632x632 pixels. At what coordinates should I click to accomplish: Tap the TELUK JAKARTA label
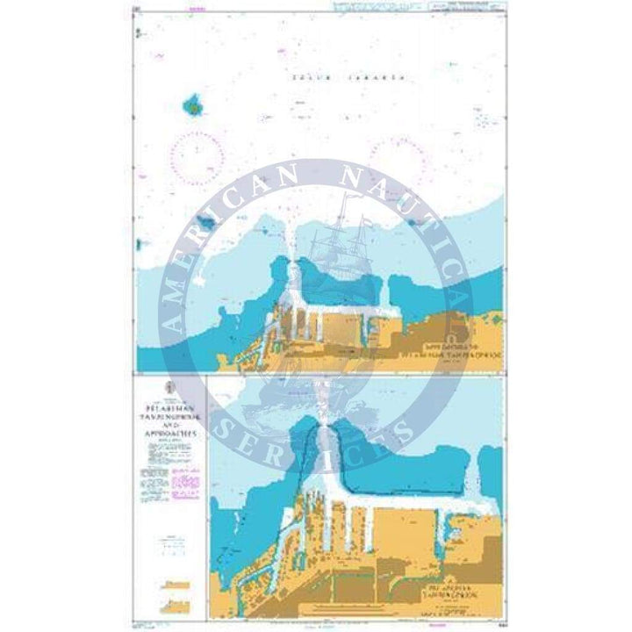[348, 78]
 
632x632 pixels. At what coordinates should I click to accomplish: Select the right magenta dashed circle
[397, 156]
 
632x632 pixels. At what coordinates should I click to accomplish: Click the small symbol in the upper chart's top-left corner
[138, 33]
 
